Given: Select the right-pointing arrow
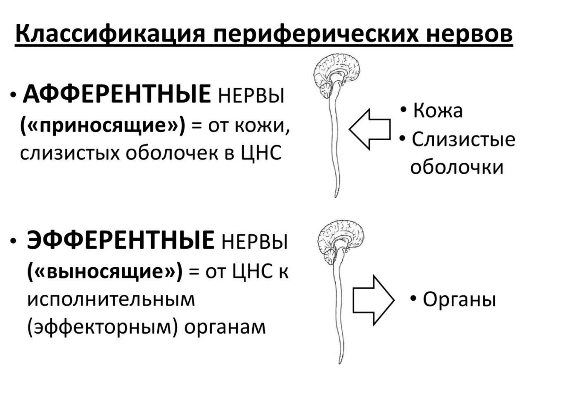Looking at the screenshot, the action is [373, 300].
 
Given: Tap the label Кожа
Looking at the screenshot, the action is [438, 110].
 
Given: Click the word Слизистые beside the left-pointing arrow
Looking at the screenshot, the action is [463, 140].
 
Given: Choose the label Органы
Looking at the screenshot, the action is [459, 300].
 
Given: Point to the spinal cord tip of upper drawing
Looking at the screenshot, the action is [336, 197].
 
